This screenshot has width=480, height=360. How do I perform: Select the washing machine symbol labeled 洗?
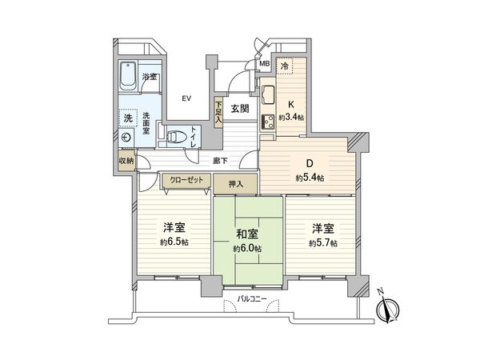(x=127, y=118)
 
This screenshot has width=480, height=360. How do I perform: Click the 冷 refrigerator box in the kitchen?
(x=286, y=66)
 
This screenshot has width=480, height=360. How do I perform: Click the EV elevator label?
(x=186, y=98)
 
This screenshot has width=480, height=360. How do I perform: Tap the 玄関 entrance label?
(x=241, y=110)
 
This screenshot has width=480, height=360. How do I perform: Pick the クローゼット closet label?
(x=182, y=181)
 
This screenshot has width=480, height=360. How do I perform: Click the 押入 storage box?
(x=235, y=183)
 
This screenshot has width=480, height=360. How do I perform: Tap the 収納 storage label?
(x=126, y=160)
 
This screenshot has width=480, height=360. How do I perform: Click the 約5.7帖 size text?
(x=323, y=242)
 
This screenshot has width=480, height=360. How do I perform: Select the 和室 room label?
(x=246, y=234)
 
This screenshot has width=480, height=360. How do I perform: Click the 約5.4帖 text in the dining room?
(x=309, y=178)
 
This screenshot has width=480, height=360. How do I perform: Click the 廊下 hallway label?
(x=221, y=160)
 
